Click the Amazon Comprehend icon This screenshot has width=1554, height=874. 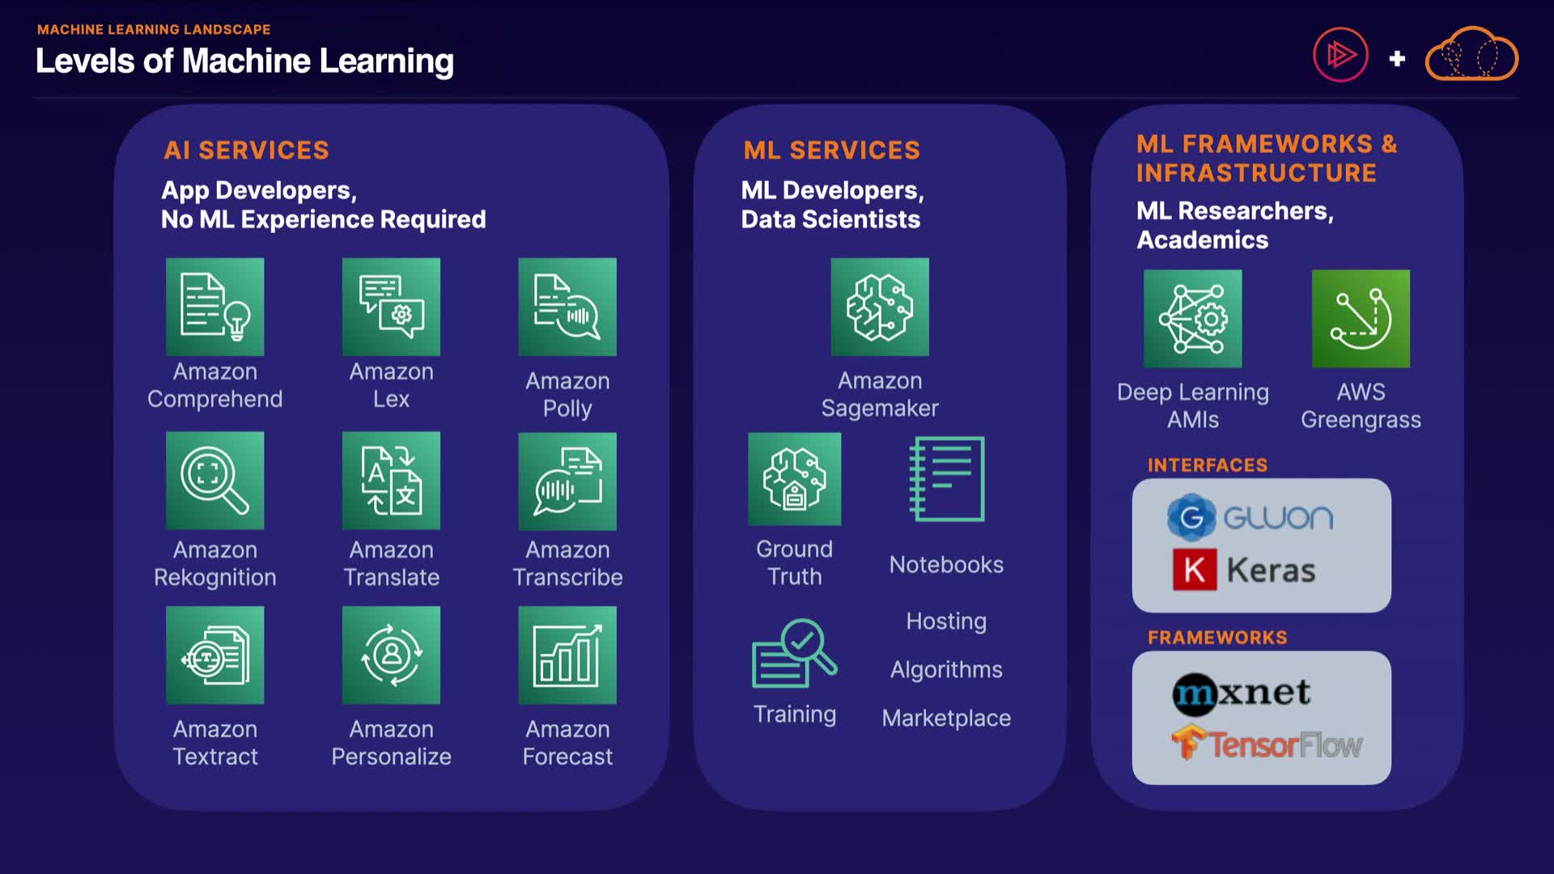[x=214, y=307]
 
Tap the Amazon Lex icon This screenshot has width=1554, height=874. [x=391, y=307]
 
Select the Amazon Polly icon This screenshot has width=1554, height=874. [x=567, y=307]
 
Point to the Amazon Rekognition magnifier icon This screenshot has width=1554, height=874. [x=214, y=480]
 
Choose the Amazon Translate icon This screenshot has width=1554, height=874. [x=391, y=480]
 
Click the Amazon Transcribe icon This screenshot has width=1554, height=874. [x=567, y=481]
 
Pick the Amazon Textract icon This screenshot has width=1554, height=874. [x=214, y=655]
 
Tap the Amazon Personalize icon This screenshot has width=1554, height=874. [x=391, y=655]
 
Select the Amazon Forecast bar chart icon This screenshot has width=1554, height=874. [x=567, y=655]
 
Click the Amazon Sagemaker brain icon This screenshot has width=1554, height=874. [x=880, y=307]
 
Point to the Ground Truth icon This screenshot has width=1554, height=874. [x=794, y=479]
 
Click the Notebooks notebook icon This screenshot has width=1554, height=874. [x=947, y=479]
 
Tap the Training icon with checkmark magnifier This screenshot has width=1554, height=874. [x=794, y=654]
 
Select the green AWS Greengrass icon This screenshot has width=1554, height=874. [x=1361, y=319]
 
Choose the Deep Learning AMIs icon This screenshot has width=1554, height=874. [x=1192, y=319]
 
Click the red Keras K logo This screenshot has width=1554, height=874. [x=1195, y=570]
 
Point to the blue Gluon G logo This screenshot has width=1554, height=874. [x=1191, y=517]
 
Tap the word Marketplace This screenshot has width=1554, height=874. [x=946, y=718]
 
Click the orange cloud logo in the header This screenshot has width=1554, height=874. [x=1471, y=55]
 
